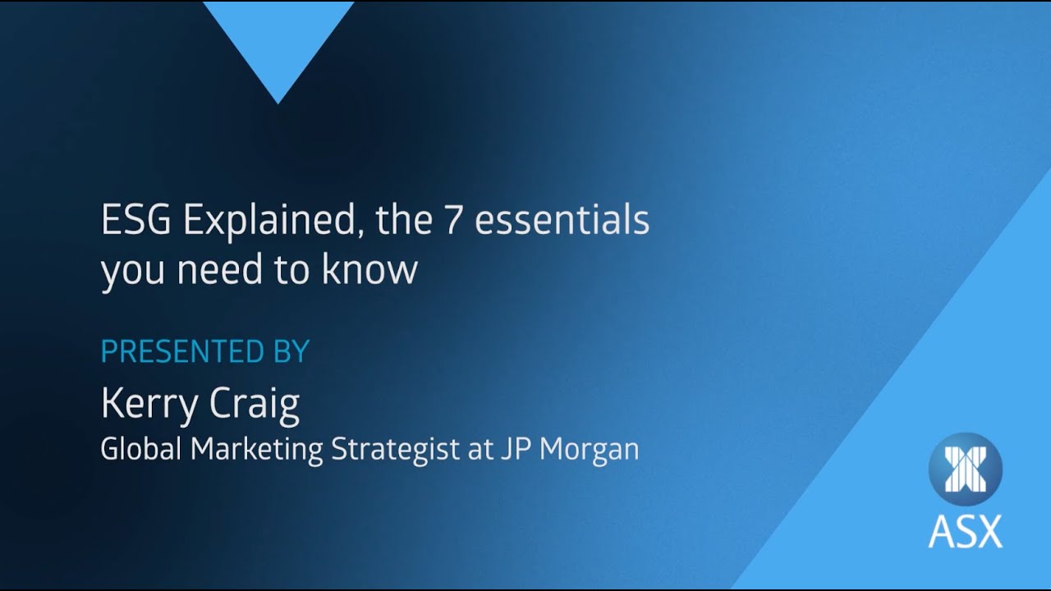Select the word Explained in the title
(271, 222)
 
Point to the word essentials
(562, 221)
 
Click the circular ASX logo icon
(965, 469)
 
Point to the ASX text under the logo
(965, 531)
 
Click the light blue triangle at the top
(278, 41)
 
